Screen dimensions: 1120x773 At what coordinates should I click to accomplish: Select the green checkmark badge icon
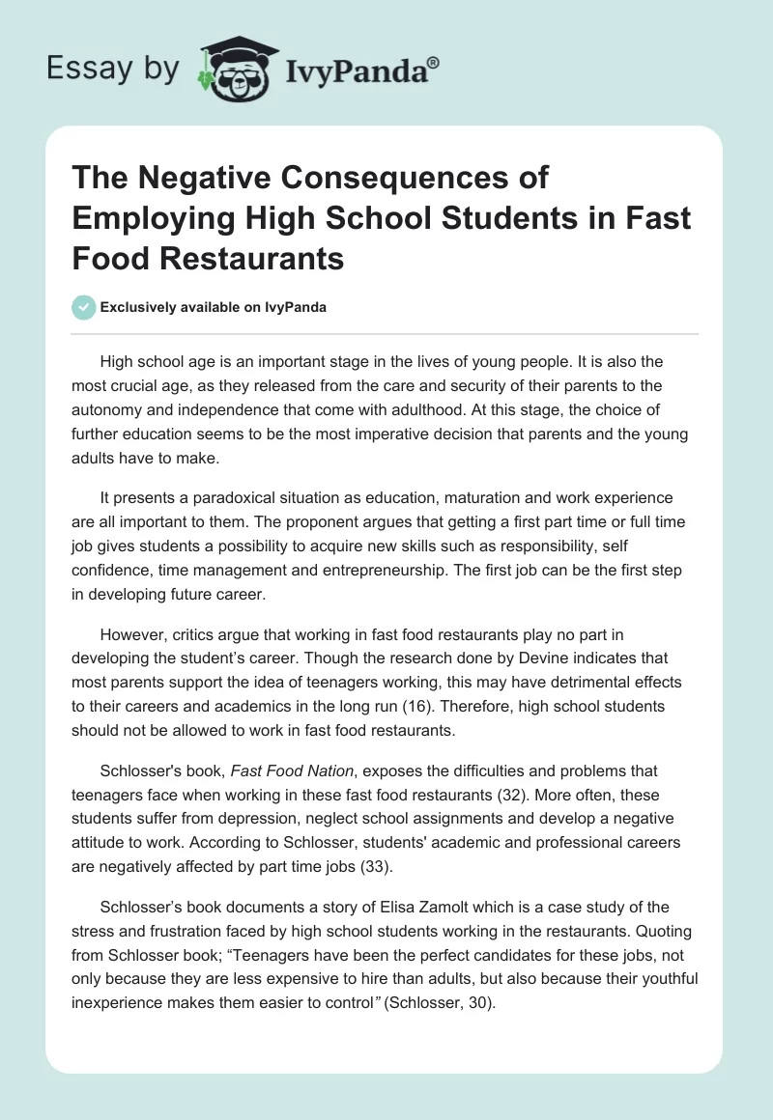83,307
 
